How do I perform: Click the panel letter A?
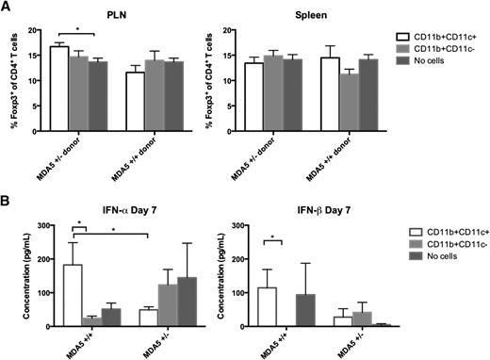7,7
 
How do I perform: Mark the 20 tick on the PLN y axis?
41,30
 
